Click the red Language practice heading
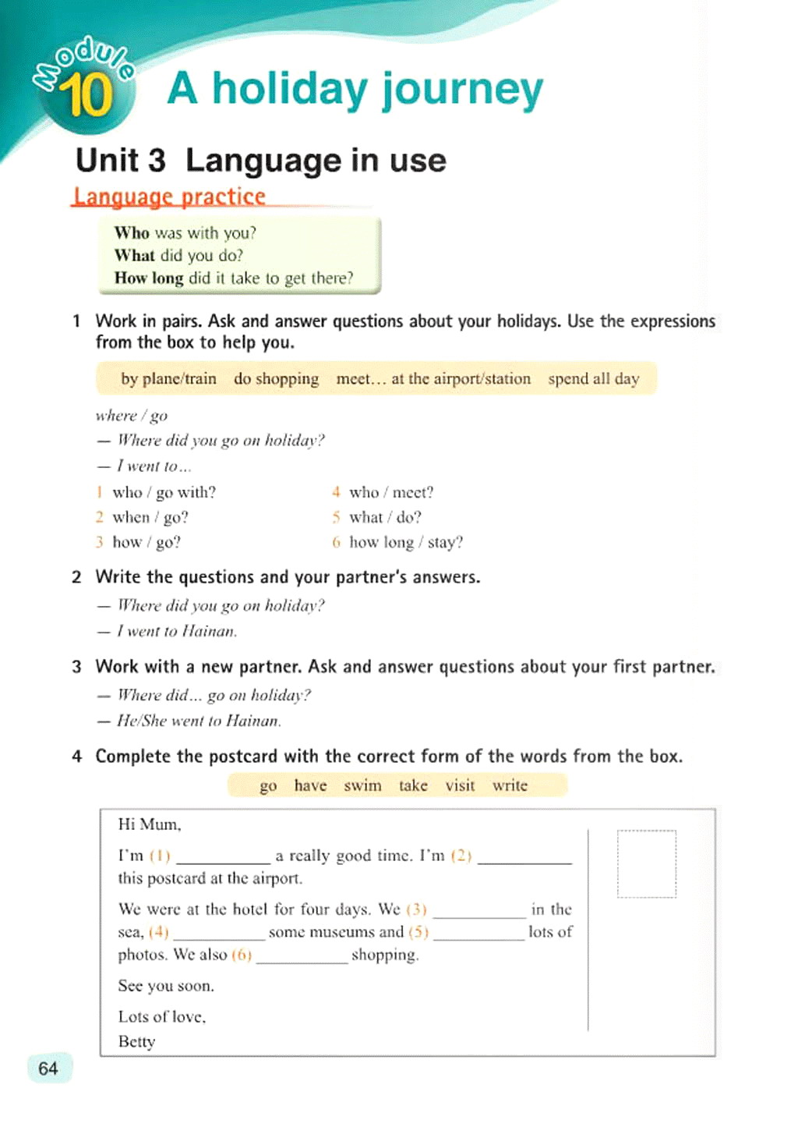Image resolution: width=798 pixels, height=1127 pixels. (x=169, y=197)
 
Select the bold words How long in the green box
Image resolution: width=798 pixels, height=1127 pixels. (x=148, y=278)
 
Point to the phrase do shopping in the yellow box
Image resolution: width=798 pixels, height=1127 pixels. (x=276, y=379)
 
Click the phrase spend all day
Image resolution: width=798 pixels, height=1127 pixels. (x=593, y=379)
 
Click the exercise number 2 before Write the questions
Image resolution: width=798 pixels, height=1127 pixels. (x=76, y=577)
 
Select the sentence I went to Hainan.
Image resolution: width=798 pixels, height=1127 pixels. (x=176, y=631)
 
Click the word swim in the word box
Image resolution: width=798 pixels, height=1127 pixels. (x=362, y=785)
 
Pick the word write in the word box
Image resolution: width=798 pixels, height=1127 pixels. (x=510, y=785)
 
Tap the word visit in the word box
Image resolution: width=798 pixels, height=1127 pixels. (x=460, y=785)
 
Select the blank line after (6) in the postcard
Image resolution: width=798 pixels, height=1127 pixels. (x=302, y=957)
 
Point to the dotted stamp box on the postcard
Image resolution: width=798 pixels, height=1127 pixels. (x=646, y=864)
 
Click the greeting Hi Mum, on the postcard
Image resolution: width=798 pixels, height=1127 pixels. (x=150, y=824)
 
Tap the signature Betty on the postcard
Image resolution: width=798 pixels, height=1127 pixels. (x=136, y=1042)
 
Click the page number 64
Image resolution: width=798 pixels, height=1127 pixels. (x=48, y=1069)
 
